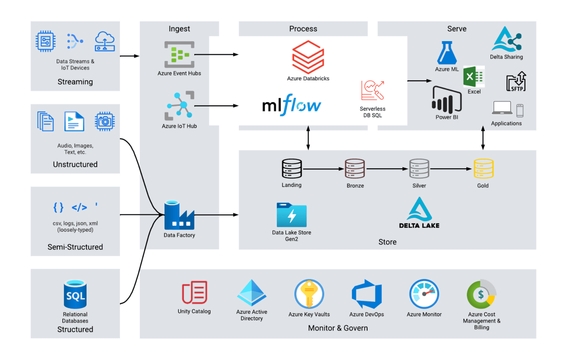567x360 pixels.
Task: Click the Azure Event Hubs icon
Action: click(180, 55)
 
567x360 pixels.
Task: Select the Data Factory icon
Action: click(179, 215)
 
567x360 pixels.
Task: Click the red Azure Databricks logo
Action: click(308, 57)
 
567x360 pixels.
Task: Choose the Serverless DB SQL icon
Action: click(372, 90)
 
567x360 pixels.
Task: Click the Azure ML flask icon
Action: click(447, 52)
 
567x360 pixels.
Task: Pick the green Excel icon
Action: click(474, 76)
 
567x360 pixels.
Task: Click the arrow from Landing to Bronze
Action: click(323, 169)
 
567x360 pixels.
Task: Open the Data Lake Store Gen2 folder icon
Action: click(292, 215)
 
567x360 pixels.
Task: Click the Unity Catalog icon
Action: click(194, 292)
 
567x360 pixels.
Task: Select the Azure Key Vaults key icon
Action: click(309, 294)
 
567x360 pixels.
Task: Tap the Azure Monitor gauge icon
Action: click(424, 294)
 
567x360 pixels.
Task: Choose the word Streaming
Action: click(75, 82)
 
